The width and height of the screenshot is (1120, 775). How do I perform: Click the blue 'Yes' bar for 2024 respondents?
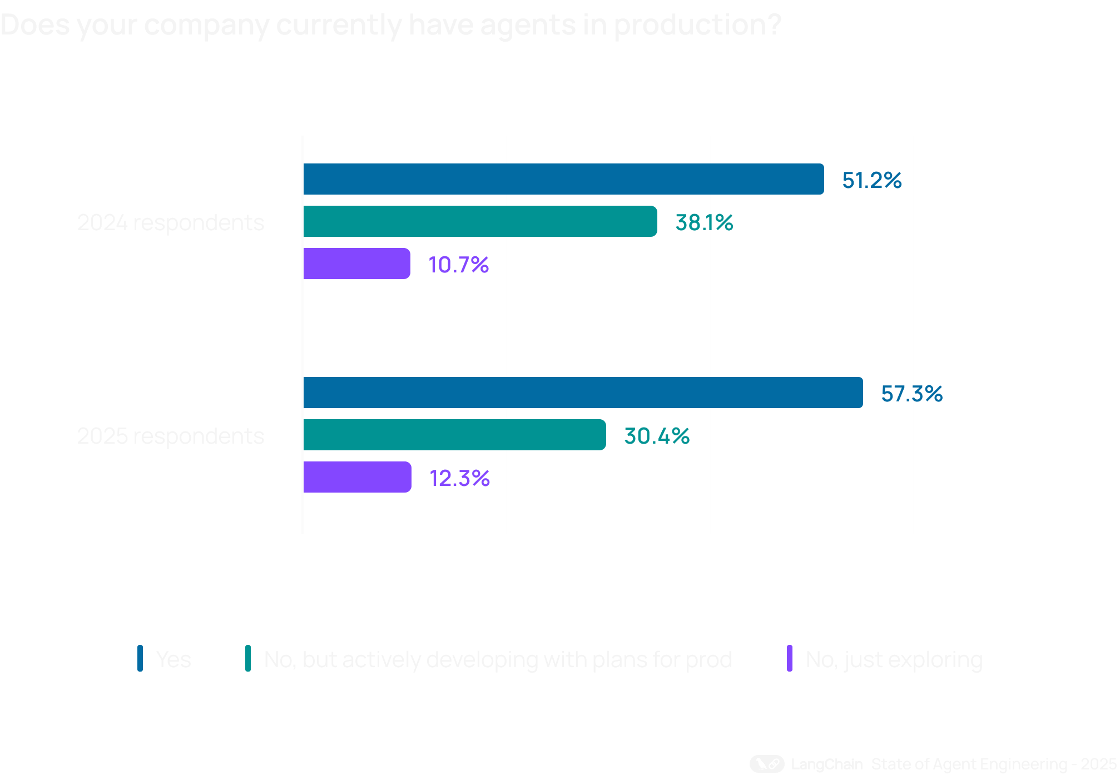pyautogui.click(x=563, y=179)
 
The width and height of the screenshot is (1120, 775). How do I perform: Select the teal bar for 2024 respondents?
pyautogui.click(x=480, y=221)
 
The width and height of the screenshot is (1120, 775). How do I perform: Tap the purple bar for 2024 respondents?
pyautogui.click(x=356, y=264)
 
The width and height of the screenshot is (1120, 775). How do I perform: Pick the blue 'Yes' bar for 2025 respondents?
pyautogui.click(x=583, y=393)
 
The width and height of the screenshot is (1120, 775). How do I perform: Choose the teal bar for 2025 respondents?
pyautogui.click(x=454, y=435)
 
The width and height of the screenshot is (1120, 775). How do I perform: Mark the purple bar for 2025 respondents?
pyautogui.click(x=357, y=477)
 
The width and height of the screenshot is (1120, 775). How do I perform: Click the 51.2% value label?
pyautogui.click(x=871, y=180)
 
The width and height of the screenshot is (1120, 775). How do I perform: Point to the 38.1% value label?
pyautogui.click(x=704, y=222)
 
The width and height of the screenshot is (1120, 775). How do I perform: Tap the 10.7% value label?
pyautogui.click(x=458, y=265)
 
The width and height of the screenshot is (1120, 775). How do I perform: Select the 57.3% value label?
pyautogui.click(x=911, y=394)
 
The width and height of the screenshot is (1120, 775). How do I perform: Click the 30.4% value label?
pyautogui.click(x=657, y=436)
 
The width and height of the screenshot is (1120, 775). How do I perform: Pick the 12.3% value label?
pyautogui.click(x=459, y=478)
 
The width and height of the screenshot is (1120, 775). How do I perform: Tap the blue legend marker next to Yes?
pyautogui.click(x=140, y=658)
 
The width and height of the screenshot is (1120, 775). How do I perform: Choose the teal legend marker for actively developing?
pyautogui.click(x=248, y=658)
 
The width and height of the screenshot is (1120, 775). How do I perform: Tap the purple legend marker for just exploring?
pyautogui.click(x=790, y=658)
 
